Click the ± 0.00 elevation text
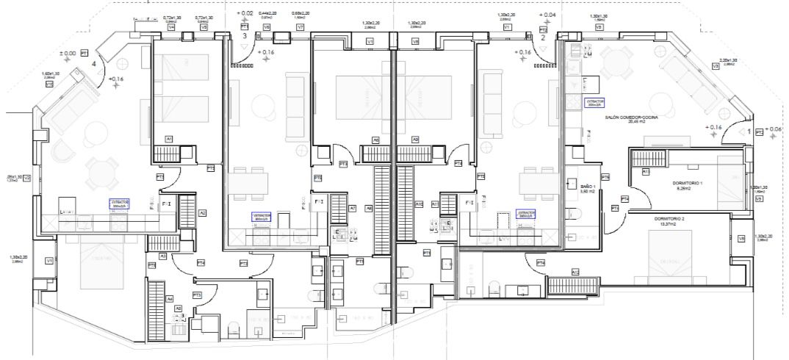[68, 54]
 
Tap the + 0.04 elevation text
[547, 15]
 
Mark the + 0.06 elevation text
[774, 129]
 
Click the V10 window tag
[49, 84]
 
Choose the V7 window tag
[300, 27]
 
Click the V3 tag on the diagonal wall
[715, 66]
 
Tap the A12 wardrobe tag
[575, 272]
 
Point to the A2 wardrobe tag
[202, 213]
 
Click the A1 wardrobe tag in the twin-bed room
[168, 138]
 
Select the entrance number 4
[94, 64]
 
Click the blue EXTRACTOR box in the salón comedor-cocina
[594, 102]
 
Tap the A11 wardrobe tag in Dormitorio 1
[645, 171]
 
